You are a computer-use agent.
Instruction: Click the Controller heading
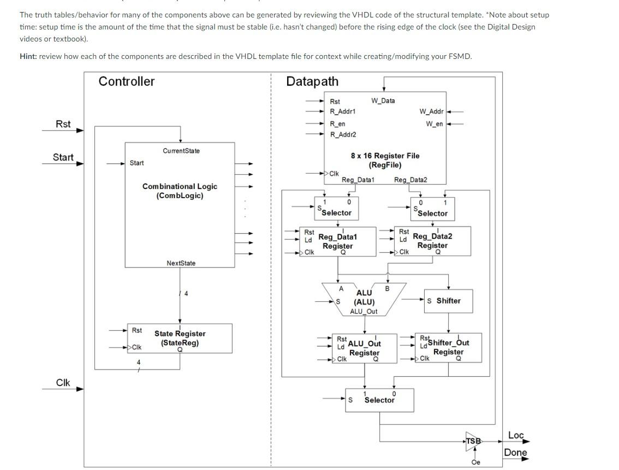tap(127, 81)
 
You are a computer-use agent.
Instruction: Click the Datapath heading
tap(312, 81)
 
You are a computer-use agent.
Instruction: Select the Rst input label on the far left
tap(63, 124)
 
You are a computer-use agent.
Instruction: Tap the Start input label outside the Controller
tap(63, 157)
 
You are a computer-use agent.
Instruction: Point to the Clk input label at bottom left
tap(63, 382)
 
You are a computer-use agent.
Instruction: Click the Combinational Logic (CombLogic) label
tap(180, 191)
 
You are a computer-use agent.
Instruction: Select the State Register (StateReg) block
tap(180, 338)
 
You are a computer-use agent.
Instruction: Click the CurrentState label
tap(181, 151)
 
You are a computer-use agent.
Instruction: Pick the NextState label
tap(181, 263)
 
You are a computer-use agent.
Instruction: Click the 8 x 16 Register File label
tap(385, 160)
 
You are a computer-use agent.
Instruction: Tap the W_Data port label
tap(383, 100)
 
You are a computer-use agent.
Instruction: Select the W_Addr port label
tap(431, 112)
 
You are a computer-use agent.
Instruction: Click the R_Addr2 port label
tap(343, 134)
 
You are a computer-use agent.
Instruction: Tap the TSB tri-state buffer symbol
tap(474, 441)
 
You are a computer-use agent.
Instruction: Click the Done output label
tap(515, 452)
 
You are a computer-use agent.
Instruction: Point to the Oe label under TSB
tap(475, 462)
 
